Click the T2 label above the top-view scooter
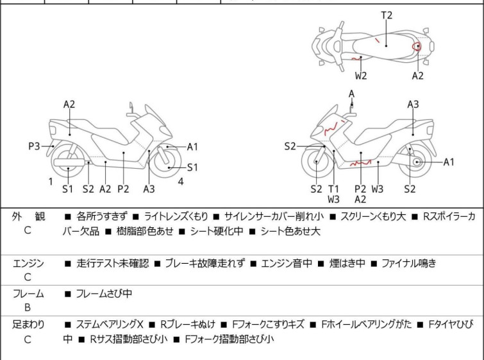coord(387,15)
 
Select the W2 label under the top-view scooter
coord(362,76)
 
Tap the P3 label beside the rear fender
coord(35,146)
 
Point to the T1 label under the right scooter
coord(333,189)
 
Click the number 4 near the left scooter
coord(181,182)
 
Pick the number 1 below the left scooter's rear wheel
coord(51,182)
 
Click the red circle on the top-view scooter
coord(417,46)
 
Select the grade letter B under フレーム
coord(28,307)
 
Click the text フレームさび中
coord(104,294)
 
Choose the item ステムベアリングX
coord(110,325)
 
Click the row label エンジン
coord(28,263)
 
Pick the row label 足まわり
coord(28,325)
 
